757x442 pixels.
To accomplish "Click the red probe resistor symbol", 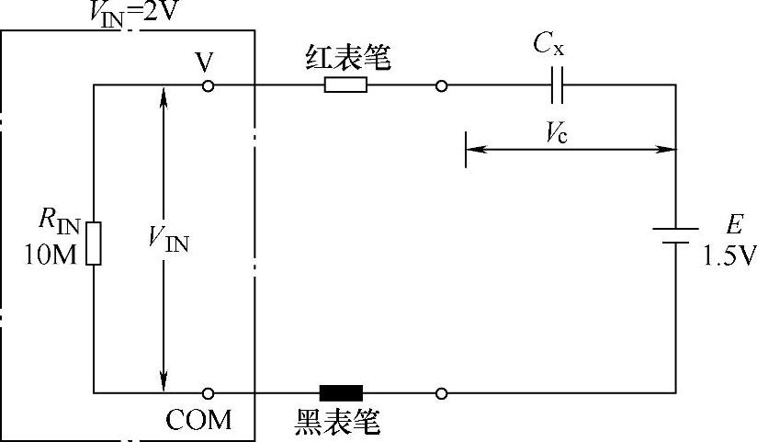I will (345, 85).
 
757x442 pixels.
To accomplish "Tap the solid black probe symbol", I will (341, 393).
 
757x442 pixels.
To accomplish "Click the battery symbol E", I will (676, 235).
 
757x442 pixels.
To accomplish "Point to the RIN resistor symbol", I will (94, 243).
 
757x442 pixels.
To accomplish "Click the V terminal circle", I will (209, 85).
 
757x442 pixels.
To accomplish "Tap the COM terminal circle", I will (209, 393).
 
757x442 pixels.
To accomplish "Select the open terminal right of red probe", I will (442, 86).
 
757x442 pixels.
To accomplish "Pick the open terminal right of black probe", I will (442, 393).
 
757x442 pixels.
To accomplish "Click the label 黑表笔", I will (337, 422).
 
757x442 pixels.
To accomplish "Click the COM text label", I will (198, 421).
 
